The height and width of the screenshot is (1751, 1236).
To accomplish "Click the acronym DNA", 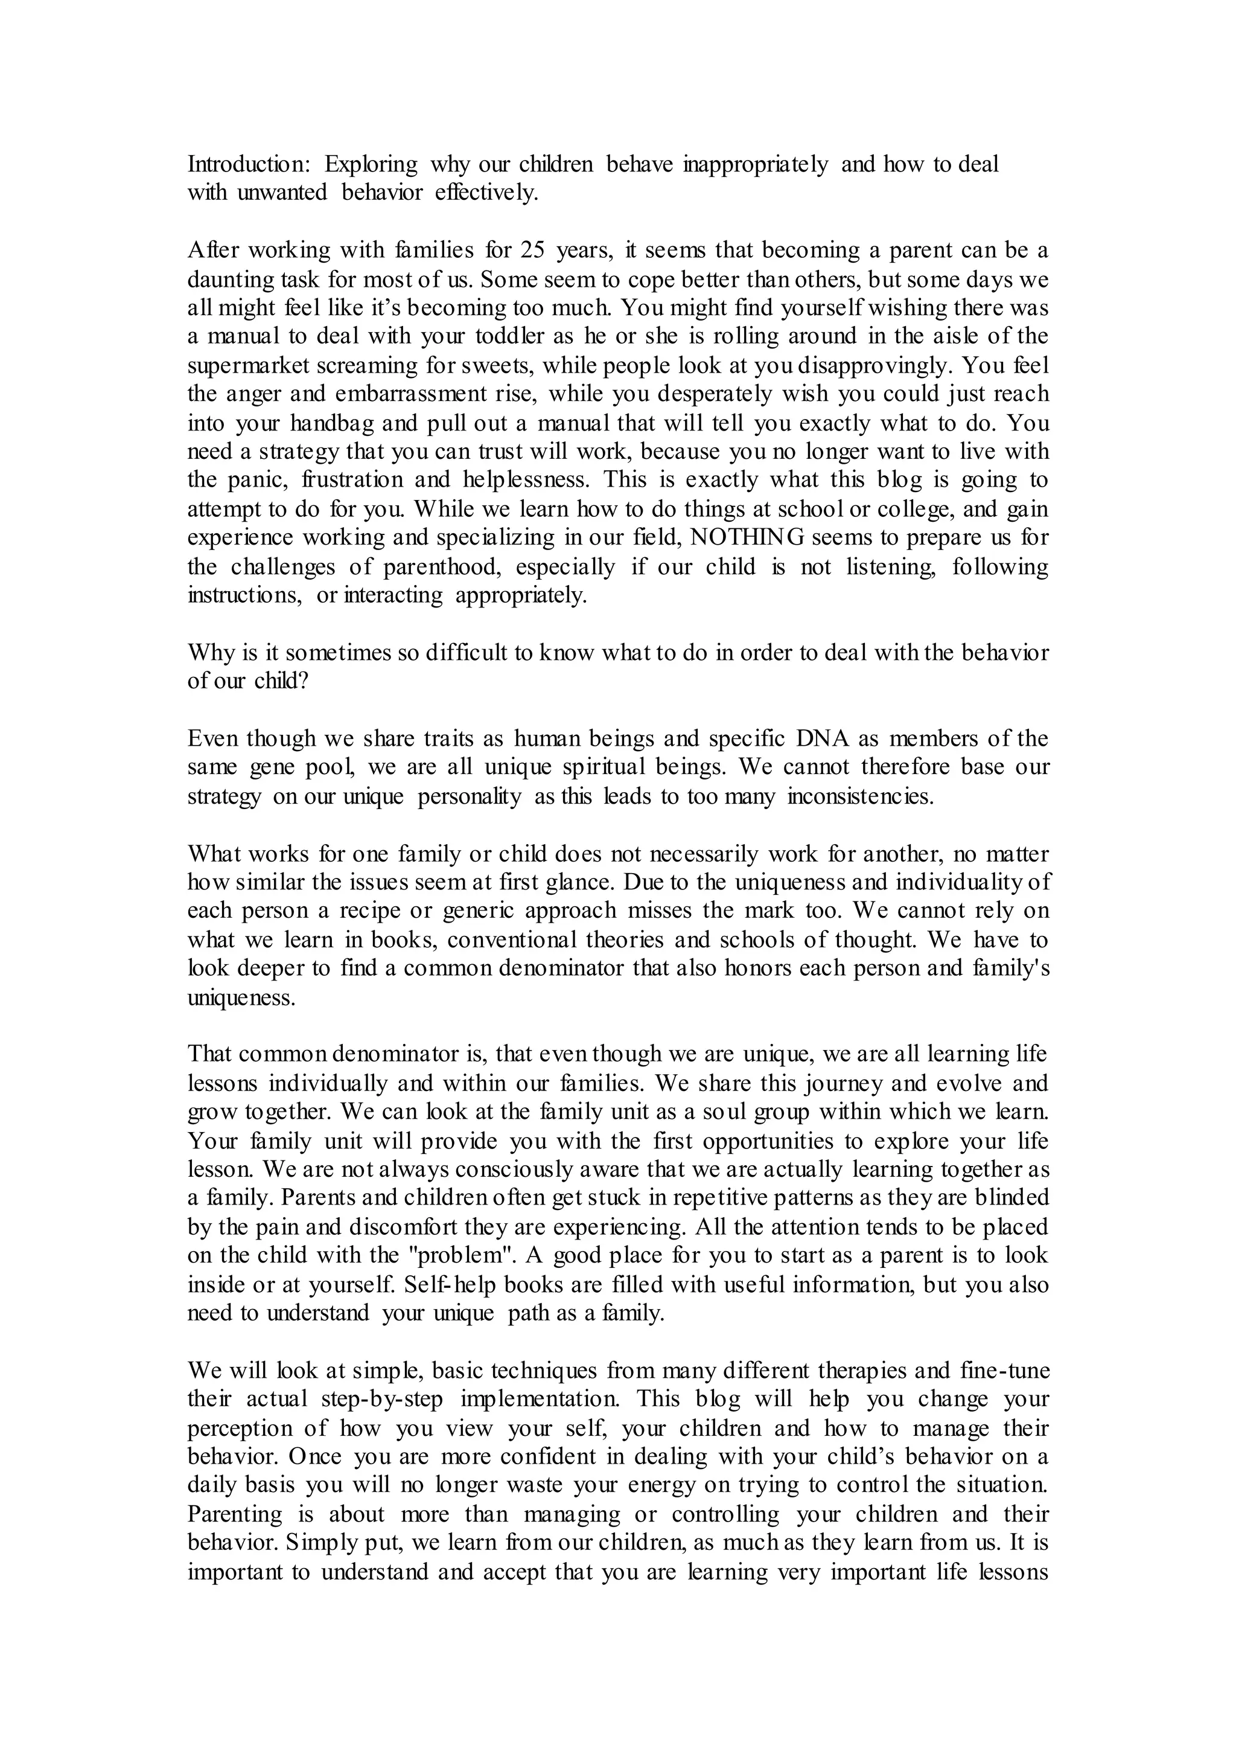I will (x=820, y=738).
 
